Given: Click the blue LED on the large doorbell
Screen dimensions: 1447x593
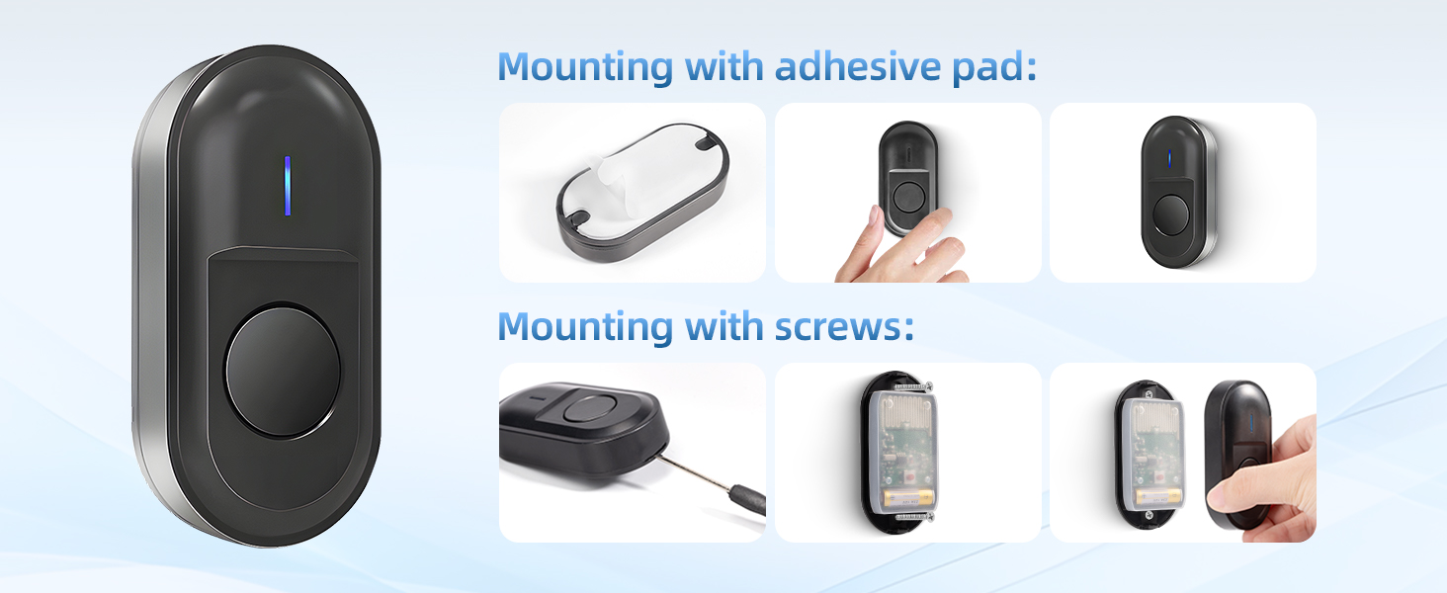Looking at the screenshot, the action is click(x=288, y=186).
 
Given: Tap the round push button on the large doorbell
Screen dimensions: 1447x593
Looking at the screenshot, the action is click(x=283, y=371).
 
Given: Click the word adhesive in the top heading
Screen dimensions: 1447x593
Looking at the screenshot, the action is click(x=858, y=66).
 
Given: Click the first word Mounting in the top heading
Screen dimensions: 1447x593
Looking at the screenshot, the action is click(x=585, y=68).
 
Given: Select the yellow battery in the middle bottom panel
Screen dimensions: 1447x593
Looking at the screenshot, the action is click(x=909, y=497).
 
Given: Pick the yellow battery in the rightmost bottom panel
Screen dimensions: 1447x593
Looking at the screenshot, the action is click(x=1159, y=497).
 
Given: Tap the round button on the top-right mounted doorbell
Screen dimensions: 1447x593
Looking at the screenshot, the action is click(x=1170, y=215).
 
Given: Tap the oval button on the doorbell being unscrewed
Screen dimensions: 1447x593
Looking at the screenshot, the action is click(x=588, y=409).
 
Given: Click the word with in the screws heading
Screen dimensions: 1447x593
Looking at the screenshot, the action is click(x=723, y=326).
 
